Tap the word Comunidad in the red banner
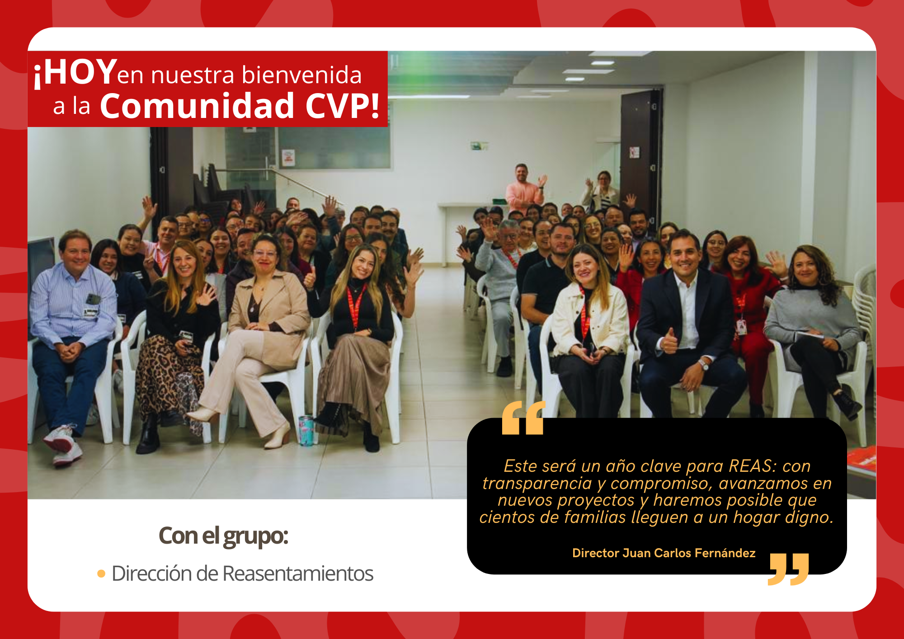[x=197, y=106]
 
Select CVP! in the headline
[x=342, y=106]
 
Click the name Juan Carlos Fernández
[x=689, y=553]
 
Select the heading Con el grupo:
[x=223, y=536]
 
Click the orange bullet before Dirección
[x=101, y=574]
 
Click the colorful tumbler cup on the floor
[x=306, y=431]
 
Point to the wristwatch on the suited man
[x=703, y=363]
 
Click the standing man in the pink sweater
[x=523, y=190]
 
